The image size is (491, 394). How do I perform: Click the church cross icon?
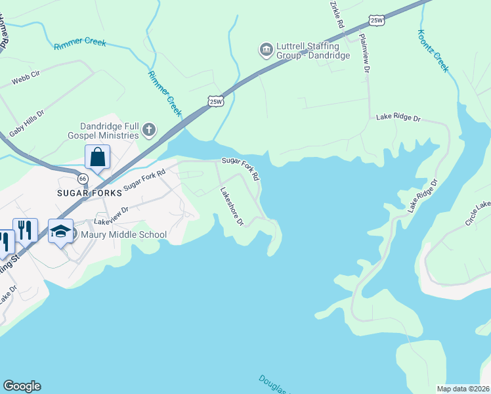(149, 129)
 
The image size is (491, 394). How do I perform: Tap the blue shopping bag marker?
(97, 158)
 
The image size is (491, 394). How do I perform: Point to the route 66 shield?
(82, 179)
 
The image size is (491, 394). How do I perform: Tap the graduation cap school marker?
(61, 232)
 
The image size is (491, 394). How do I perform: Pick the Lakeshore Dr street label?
(232, 207)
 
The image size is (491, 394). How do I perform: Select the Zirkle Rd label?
(337, 13)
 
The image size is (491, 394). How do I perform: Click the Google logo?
(22, 386)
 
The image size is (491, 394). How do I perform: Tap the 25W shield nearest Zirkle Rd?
(376, 20)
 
